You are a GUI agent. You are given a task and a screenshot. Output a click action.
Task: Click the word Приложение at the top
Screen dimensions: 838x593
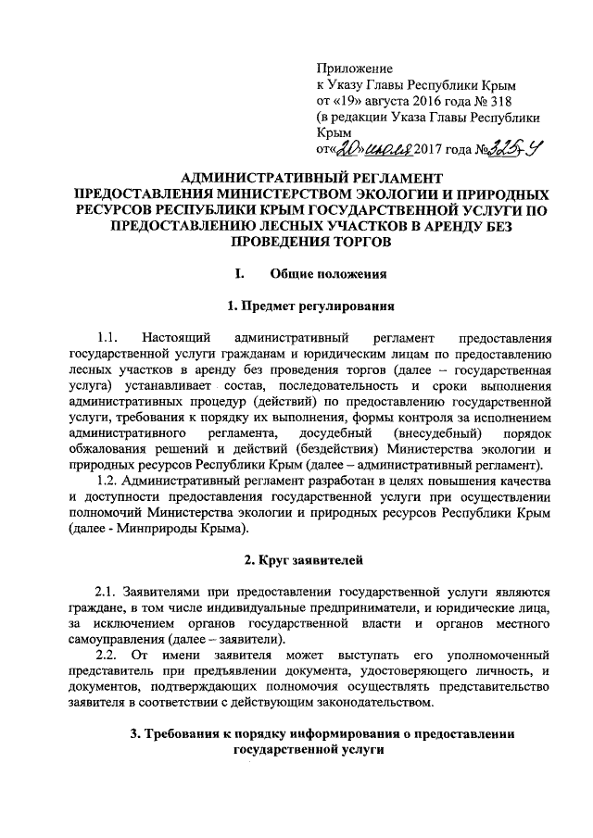coord(355,69)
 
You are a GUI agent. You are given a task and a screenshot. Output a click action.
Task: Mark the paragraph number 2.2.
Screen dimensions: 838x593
coord(107,656)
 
